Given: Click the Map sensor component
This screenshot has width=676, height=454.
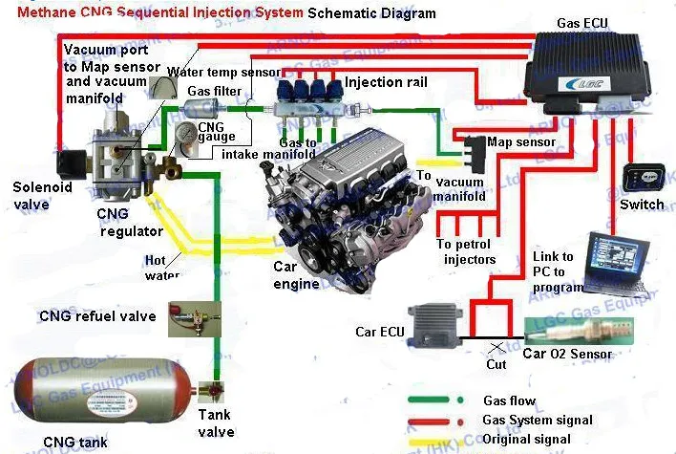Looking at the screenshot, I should (x=473, y=148).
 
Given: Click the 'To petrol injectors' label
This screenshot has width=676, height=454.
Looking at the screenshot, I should (x=467, y=251).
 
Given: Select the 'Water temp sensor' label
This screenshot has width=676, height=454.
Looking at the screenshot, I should (x=224, y=72).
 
